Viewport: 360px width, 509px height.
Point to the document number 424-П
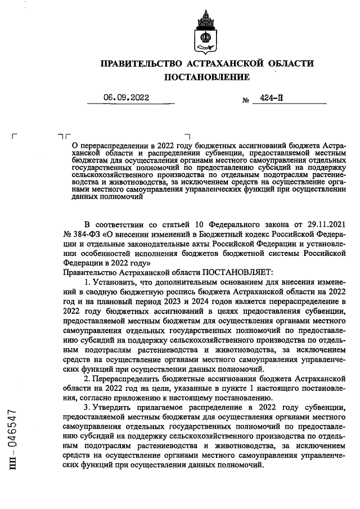272,97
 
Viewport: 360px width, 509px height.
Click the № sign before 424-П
245,100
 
